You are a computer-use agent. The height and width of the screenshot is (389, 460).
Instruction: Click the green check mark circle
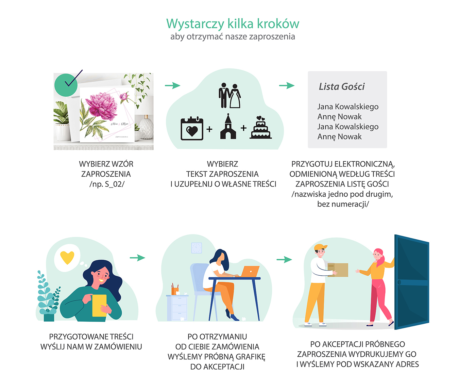[x=66, y=85]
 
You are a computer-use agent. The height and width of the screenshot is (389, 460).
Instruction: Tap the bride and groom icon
[x=229, y=95]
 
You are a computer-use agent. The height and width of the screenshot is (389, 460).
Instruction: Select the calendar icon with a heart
[x=192, y=128]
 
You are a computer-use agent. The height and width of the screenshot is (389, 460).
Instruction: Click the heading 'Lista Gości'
[x=341, y=87]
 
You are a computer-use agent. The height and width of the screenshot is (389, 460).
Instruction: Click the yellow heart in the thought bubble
[x=67, y=258]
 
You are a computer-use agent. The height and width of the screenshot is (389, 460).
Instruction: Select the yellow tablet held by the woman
[x=99, y=306]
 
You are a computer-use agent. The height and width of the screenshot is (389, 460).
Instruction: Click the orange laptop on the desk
[x=250, y=272]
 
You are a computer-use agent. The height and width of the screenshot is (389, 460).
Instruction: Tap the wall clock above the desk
[x=197, y=248]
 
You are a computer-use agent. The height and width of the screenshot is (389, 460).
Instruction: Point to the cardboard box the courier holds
[x=338, y=270]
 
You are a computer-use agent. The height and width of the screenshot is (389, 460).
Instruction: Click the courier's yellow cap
[x=320, y=247]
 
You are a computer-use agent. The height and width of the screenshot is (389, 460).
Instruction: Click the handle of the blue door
[x=399, y=282]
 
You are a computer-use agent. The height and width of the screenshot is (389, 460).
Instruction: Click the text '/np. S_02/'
[x=107, y=184]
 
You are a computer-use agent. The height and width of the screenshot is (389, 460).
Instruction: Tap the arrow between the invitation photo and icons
[x=172, y=85]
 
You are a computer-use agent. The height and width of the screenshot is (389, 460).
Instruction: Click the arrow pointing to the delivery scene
[x=284, y=260]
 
